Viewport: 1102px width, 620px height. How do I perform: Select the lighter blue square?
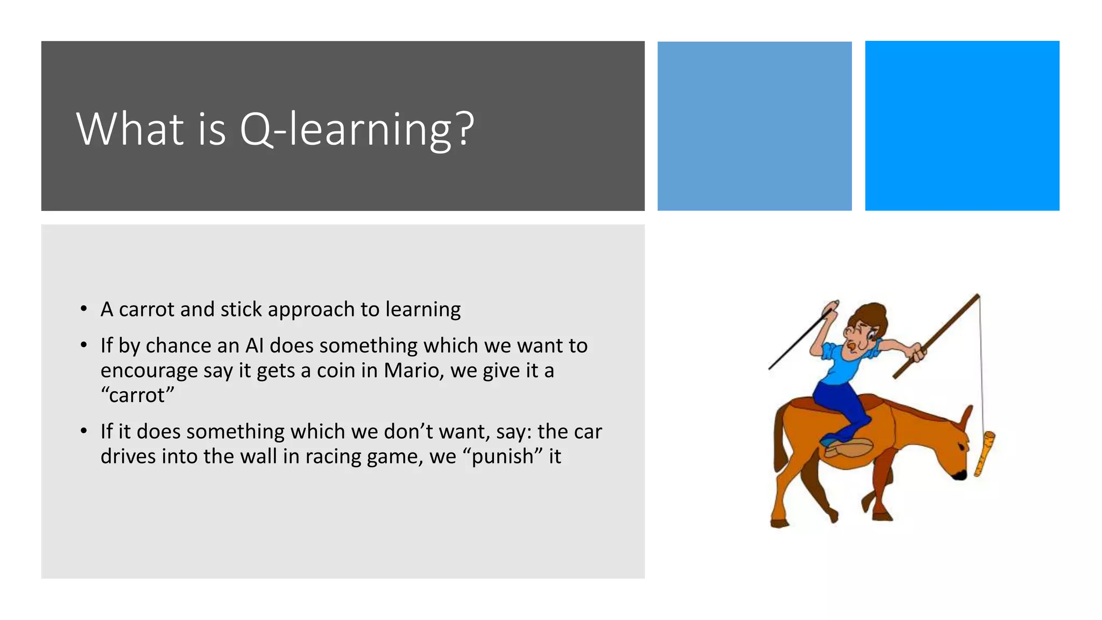pyautogui.click(x=754, y=126)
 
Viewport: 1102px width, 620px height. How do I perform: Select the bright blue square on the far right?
pyautogui.click(x=962, y=126)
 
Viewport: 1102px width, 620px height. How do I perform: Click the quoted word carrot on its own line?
pyautogui.click(x=138, y=396)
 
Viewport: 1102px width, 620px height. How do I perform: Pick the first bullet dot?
pyautogui.click(x=83, y=309)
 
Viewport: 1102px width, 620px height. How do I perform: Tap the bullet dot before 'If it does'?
pyautogui.click(x=83, y=431)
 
